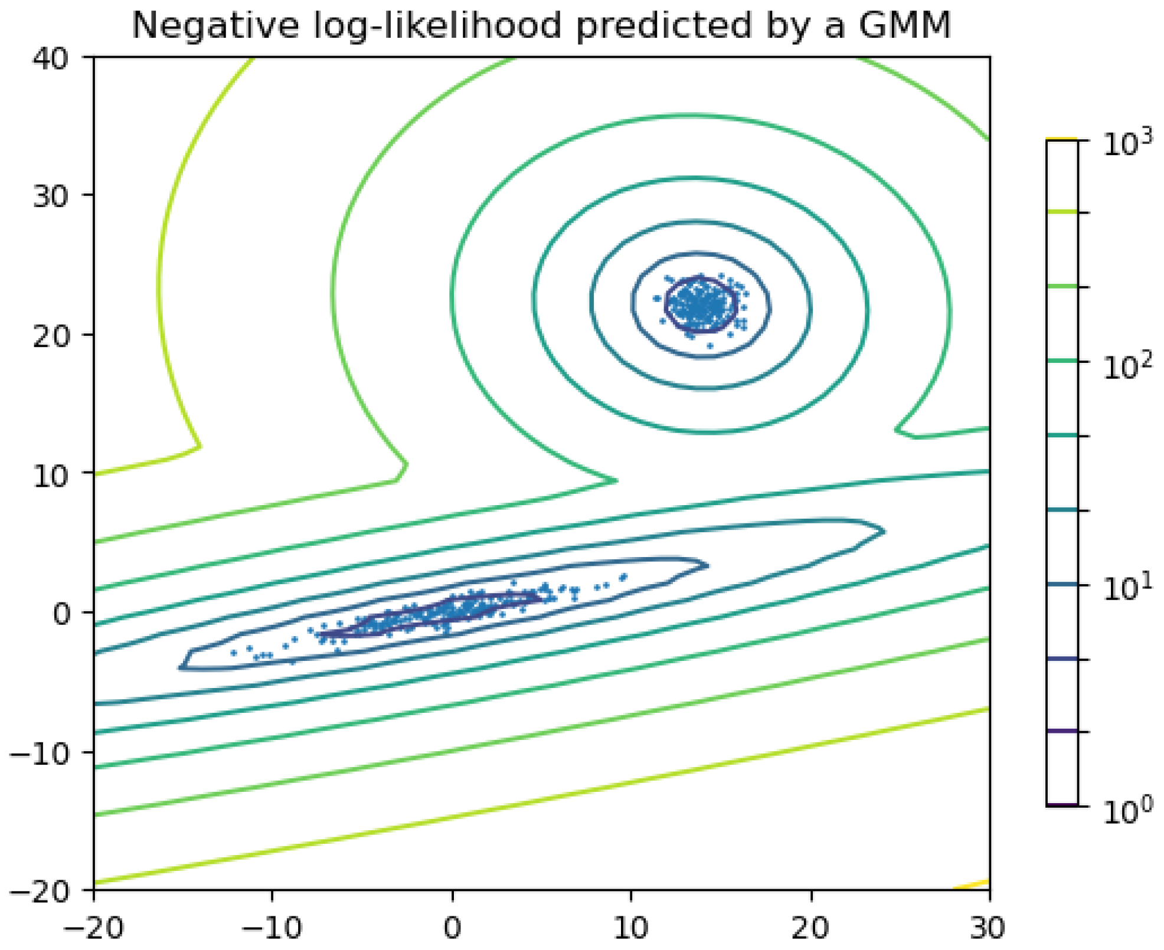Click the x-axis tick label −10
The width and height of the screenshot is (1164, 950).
point(272,928)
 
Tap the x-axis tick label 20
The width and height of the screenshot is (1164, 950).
point(810,928)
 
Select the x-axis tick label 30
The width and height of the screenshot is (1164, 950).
point(988,928)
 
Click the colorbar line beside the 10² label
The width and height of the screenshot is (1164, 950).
point(1062,361)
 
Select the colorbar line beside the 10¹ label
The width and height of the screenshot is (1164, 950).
point(1062,585)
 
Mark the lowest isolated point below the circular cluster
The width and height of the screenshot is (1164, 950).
point(710,346)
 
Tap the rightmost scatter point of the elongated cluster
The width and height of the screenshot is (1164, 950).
point(623,577)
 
